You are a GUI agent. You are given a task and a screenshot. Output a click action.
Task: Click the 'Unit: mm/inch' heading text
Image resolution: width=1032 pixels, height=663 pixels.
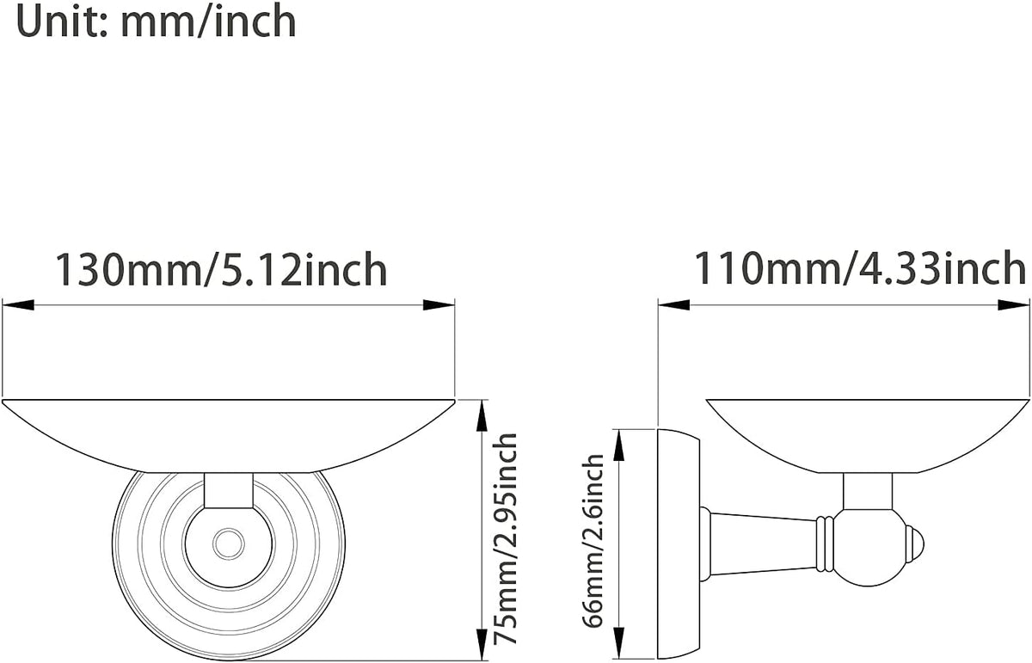tap(156, 21)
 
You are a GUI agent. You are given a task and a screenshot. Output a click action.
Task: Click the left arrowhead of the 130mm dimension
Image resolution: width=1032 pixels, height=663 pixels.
tap(18, 304)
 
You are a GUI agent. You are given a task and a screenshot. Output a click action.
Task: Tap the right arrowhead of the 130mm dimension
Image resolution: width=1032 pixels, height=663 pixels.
tap(439, 304)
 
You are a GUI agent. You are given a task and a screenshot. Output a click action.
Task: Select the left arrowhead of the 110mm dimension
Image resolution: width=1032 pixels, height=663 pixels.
tap(674, 304)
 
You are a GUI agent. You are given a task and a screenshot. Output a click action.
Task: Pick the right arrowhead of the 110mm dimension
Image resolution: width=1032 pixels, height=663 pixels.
tap(1013, 304)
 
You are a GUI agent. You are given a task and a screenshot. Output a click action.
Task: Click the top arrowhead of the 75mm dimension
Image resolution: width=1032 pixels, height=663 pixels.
tap(482, 416)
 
